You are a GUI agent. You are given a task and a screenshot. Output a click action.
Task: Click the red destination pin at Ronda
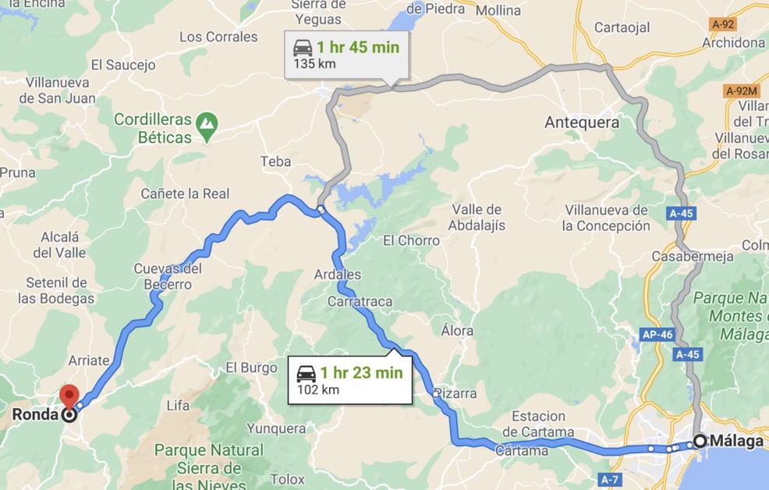70,396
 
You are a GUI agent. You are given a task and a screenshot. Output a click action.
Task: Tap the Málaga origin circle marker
700,441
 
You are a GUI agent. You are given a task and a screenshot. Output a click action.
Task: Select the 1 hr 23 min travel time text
360,373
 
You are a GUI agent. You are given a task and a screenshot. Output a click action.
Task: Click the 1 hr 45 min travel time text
357,48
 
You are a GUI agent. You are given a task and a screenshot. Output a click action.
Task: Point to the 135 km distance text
314,64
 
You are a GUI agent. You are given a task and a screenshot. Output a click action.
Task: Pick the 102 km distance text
318,389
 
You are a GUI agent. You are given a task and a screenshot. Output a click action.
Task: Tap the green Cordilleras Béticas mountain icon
207,123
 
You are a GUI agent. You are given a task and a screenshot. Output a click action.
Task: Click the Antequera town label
582,123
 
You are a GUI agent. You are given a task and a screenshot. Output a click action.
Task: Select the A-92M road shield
742,91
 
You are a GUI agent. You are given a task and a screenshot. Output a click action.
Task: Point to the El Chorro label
411,241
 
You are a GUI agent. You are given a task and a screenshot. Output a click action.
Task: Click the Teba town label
275,162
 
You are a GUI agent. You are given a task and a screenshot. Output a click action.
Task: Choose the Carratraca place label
360,301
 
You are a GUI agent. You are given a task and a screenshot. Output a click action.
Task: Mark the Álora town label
457,331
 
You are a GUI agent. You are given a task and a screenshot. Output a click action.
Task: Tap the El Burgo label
251,367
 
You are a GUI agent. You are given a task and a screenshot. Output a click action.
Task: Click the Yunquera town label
276,428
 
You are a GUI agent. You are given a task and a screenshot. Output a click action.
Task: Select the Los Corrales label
218,37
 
